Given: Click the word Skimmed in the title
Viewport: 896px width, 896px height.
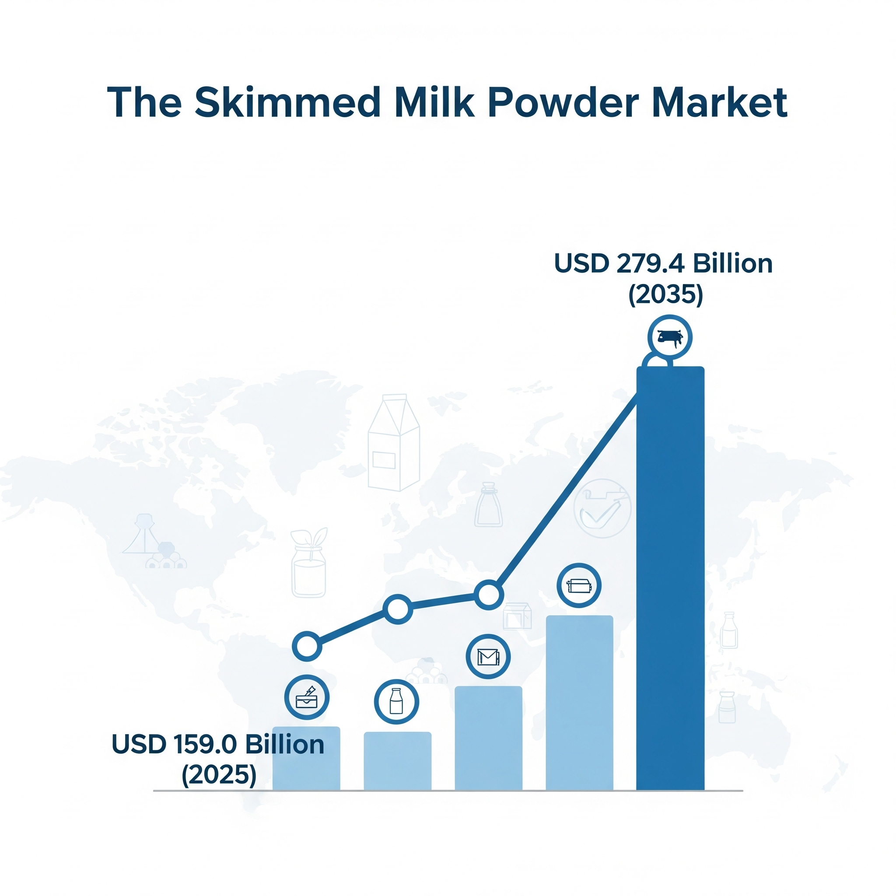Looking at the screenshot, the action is pos(287,102).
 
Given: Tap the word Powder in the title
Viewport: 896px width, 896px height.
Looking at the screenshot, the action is pos(563,102).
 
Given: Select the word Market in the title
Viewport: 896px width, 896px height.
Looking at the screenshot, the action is pos(720,102).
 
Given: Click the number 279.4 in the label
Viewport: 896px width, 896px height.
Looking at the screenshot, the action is pos(651,263).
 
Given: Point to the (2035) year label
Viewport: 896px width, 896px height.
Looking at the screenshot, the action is pos(665,294).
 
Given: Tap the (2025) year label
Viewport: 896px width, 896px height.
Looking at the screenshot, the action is pos(219,775).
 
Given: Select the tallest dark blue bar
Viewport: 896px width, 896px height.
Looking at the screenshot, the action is pos(670,578).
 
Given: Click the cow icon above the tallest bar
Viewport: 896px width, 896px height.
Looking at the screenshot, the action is pos(670,337).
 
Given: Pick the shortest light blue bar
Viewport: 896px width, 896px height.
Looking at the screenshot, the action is pos(397,761).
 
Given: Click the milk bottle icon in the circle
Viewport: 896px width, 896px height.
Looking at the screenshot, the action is pos(396,701).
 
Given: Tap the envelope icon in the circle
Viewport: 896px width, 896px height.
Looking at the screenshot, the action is pos(488,657).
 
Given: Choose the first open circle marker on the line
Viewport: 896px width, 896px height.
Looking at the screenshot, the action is pos(307,646).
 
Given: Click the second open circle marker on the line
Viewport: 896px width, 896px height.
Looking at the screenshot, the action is pos(397,609).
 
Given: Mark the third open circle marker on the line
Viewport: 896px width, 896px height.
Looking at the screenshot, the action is pos(488,595).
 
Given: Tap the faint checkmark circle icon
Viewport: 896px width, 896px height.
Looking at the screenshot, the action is pos(602,508).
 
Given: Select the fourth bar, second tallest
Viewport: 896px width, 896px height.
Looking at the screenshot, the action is pos(579,703).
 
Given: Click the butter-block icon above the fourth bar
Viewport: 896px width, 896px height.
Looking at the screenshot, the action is pos(579,586).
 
